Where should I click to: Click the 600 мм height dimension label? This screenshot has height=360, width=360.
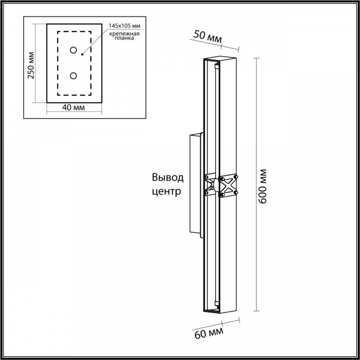point(262,186)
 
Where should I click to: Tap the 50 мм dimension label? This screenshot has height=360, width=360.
point(207,37)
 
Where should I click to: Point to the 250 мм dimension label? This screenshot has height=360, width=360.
point(31,65)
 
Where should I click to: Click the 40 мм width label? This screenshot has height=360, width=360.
point(73,107)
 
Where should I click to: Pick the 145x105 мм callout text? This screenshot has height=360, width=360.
point(125,26)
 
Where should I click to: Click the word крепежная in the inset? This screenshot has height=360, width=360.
point(124,34)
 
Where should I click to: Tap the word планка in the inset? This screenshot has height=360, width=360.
point(124,38)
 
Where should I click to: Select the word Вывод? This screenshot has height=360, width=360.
point(168,177)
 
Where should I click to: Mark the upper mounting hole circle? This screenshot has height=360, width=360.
point(73,50)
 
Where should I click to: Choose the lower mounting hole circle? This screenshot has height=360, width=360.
point(73,76)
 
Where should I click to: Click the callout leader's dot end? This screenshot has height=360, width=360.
point(82,54)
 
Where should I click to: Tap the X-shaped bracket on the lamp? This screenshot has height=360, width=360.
point(221,185)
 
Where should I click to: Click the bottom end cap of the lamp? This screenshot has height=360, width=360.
point(220,311)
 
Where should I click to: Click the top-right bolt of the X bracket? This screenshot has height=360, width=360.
point(236,177)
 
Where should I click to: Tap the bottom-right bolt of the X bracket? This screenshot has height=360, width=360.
point(236,193)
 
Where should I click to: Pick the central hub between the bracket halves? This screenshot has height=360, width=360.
point(216,185)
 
